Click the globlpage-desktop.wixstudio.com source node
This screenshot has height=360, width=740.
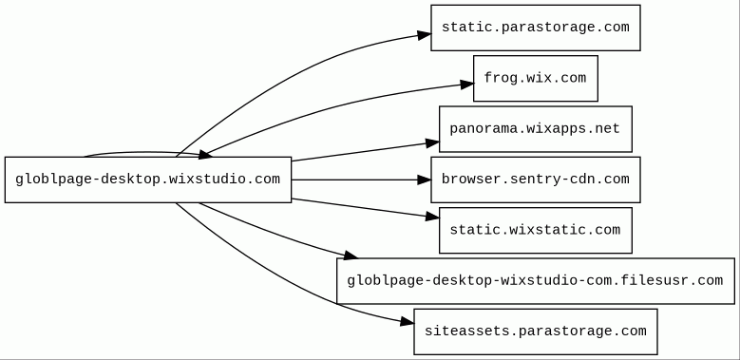(x=148, y=180)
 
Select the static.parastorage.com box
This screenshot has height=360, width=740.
(x=536, y=28)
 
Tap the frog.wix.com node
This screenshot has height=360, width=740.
(x=536, y=78)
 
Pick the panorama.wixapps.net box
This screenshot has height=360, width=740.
(x=536, y=129)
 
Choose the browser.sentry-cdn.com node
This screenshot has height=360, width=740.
(x=536, y=180)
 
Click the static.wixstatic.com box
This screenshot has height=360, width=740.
(x=536, y=230)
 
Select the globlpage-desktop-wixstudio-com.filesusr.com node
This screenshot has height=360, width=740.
(x=536, y=281)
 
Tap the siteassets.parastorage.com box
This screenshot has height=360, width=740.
(x=536, y=332)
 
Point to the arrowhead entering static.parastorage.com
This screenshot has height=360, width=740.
(x=425, y=35)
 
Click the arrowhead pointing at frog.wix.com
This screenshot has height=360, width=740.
(x=467, y=85)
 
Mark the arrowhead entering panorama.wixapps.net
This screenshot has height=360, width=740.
(x=433, y=143)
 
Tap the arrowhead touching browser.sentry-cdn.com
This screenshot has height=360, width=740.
(x=425, y=180)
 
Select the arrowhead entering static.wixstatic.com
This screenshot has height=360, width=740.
(x=433, y=217)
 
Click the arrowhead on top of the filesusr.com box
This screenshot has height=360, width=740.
(x=351, y=256)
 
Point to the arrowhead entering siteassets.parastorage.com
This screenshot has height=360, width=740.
(x=408, y=322)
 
